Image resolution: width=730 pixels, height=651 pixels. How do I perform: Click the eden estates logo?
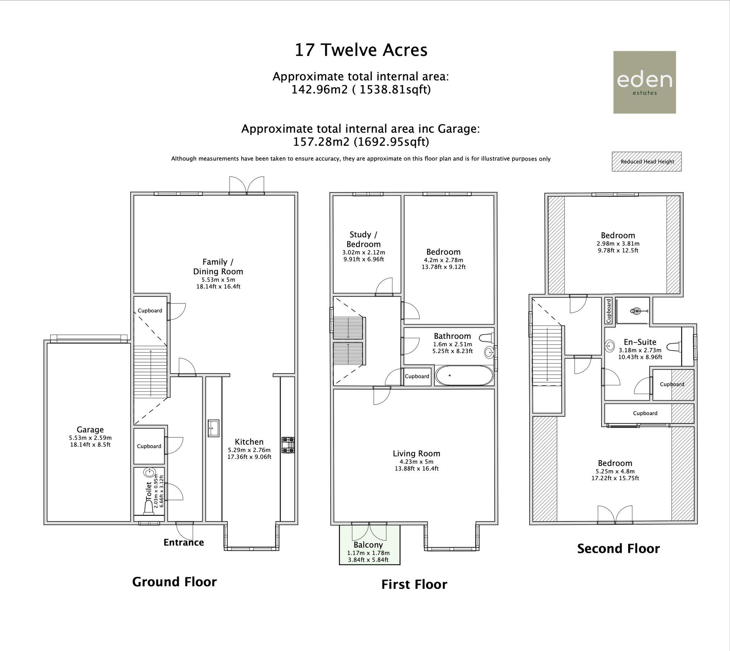tap(645, 82)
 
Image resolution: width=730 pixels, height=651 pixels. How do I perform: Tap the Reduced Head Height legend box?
tap(647, 162)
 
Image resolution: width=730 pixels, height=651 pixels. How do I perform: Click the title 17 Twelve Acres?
tap(361, 50)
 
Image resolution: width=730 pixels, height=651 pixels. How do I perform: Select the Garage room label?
tap(90, 430)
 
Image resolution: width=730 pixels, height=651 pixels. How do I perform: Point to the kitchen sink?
tap(214, 428)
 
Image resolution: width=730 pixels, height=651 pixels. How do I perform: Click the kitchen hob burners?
tap(288, 445)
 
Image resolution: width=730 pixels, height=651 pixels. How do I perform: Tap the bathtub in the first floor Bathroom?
tap(464, 375)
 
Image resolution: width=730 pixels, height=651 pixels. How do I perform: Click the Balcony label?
tap(368, 545)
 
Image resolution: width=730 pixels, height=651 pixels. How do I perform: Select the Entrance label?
tap(184, 543)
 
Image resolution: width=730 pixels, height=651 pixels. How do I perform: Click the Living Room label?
tap(416, 453)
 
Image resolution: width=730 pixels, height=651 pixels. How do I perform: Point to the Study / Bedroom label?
tap(364, 240)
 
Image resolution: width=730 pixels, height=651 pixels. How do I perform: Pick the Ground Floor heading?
tap(174, 582)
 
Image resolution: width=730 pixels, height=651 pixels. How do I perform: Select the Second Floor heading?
tap(618, 548)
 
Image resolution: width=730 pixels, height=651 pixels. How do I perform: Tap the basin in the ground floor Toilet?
tap(149, 472)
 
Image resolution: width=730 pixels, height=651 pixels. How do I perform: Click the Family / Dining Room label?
tap(218, 267)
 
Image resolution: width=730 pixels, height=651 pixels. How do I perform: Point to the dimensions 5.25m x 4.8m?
tap(615, 471)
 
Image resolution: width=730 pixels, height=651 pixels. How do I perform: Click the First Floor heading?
tap(414, 585)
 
